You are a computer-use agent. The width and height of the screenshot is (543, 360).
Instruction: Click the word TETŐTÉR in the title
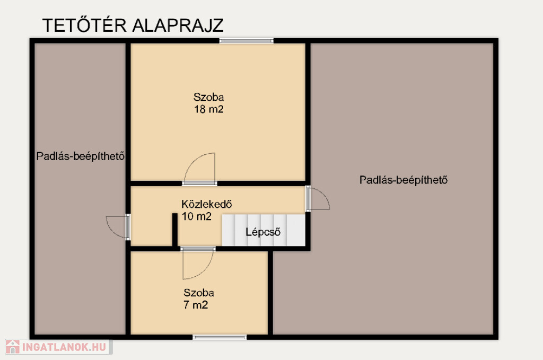84,25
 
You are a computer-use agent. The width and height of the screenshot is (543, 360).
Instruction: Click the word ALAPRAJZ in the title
178,25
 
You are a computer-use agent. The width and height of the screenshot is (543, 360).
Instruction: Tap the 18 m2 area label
209,109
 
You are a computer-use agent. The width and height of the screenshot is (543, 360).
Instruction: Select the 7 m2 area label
196,305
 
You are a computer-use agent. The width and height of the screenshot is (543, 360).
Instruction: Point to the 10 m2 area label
196,216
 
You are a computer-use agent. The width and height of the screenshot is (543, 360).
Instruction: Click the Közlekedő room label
207,204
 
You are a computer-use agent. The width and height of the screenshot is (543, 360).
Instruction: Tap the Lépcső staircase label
263,232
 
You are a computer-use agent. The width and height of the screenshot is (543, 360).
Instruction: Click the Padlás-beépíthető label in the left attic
81,156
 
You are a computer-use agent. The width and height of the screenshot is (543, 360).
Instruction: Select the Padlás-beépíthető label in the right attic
404,180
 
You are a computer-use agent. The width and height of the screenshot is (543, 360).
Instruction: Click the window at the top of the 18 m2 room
246,41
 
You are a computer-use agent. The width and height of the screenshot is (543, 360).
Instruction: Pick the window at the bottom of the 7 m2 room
220,337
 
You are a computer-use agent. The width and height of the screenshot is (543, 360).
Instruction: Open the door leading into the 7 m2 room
198,263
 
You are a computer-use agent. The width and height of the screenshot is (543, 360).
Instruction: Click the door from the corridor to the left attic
118,227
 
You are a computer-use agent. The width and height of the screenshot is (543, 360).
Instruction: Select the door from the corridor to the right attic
318,198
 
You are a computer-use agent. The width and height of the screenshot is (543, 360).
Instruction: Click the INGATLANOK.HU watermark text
64,347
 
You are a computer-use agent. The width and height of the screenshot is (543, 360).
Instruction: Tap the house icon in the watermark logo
13,347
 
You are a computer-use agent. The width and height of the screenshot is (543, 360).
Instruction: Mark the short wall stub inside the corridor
175,230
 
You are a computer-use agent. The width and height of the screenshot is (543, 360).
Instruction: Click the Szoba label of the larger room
208,97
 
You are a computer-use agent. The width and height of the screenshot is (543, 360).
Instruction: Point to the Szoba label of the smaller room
199,293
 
